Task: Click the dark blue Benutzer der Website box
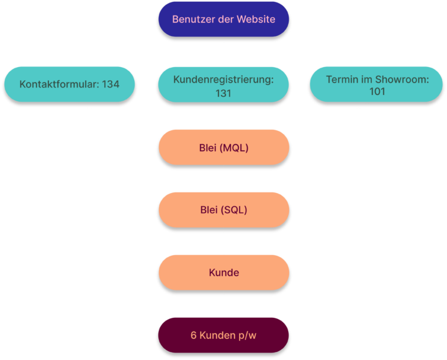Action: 223,19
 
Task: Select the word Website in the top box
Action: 256,19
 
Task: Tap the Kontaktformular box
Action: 70,84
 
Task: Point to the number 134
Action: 111,84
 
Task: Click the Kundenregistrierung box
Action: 223,84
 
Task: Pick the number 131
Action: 223,94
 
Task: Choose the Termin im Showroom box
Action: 376,84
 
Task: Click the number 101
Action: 377,91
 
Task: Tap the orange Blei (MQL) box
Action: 224,147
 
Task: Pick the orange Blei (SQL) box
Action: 224,210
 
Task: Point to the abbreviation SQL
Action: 234,210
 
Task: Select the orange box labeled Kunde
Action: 224,272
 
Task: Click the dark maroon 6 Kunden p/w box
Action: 223,335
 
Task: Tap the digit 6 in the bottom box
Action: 194,336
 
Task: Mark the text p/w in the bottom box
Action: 247,336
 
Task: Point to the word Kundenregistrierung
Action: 223,80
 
